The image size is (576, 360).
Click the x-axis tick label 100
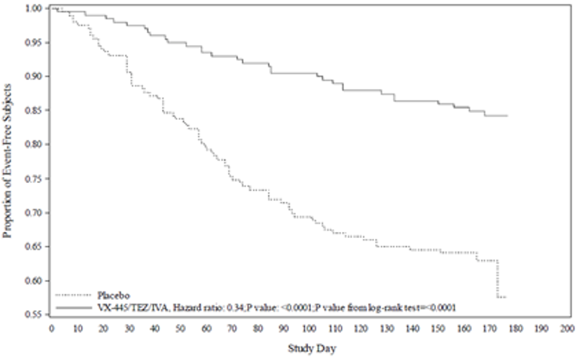coord(309,328)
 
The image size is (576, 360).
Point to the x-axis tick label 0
coord(51,328)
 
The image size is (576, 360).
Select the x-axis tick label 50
coord(180,328)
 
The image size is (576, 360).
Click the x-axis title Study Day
coord(309,349)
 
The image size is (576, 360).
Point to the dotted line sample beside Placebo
coord(74,295)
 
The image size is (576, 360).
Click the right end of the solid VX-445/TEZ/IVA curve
coord(508,116)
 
